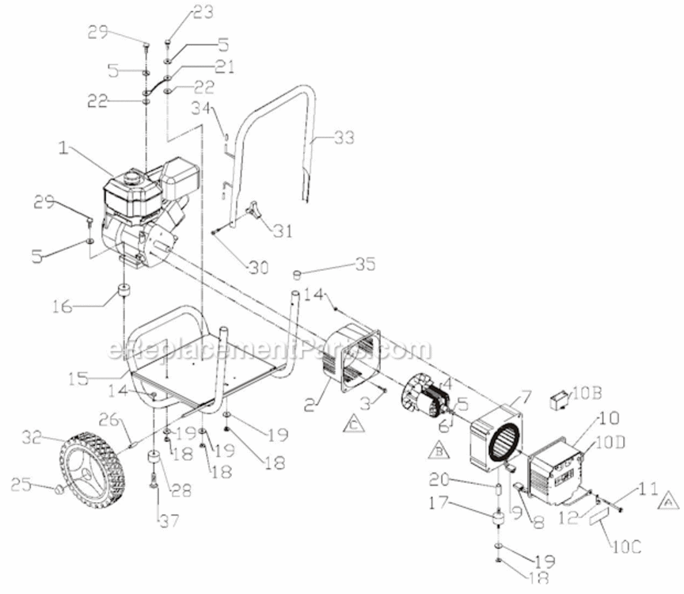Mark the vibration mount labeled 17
(x=499, y=520)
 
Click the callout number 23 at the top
(x=181, y=12)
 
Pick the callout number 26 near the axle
(x=110, y=419)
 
